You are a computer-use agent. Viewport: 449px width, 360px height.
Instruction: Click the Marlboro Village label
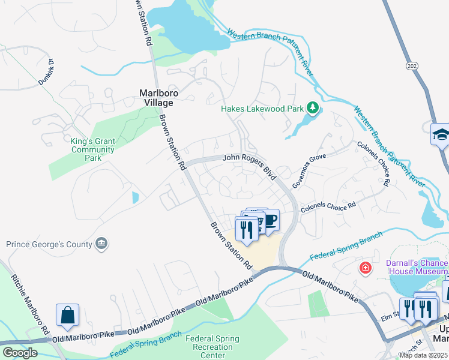click(x=156, y=98)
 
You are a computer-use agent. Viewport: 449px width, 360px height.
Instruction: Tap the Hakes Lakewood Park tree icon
click(x=312, y=109)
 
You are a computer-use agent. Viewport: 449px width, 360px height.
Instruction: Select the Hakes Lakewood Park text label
click(x=262, y=109)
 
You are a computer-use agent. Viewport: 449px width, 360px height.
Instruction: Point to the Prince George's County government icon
click(x=102, y=244)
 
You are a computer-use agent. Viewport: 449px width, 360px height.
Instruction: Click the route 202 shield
click(x=411, y=65)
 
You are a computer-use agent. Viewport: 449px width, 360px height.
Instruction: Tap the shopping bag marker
click(x=67, y=315)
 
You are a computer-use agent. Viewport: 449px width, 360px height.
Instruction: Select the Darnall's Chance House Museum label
click(x=415, y=268)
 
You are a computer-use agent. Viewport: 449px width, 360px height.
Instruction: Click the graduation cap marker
click(x=441, y=134)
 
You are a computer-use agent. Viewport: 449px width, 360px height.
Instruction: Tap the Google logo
click(x=20, y=353)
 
